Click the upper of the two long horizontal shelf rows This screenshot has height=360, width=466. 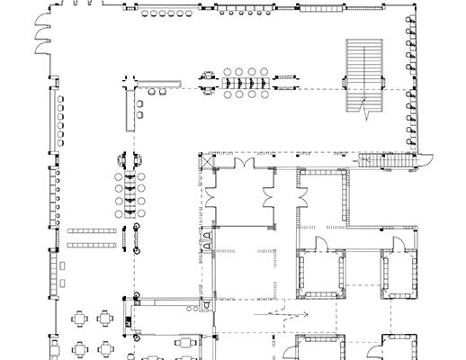click(x=90, y=231)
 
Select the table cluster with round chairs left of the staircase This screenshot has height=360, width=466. click(x=245, y=83)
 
